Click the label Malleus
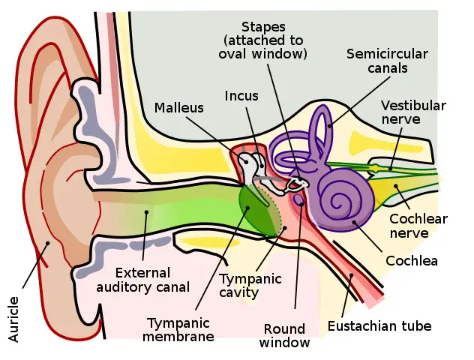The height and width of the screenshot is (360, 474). click(179, 108)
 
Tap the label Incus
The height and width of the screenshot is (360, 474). click(241, 95)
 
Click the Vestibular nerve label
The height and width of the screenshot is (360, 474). click(413, 112)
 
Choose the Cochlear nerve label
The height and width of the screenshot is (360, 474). click(418, 226)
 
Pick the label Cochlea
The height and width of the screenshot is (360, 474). click(411, 261)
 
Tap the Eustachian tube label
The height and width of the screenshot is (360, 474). click(379, 326)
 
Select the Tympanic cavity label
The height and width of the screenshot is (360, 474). click(250, 286)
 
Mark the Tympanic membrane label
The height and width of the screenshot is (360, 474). click(180, 330)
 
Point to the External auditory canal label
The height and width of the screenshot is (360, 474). click(153, 279)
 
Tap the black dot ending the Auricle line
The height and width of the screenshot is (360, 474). click(49, 242)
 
